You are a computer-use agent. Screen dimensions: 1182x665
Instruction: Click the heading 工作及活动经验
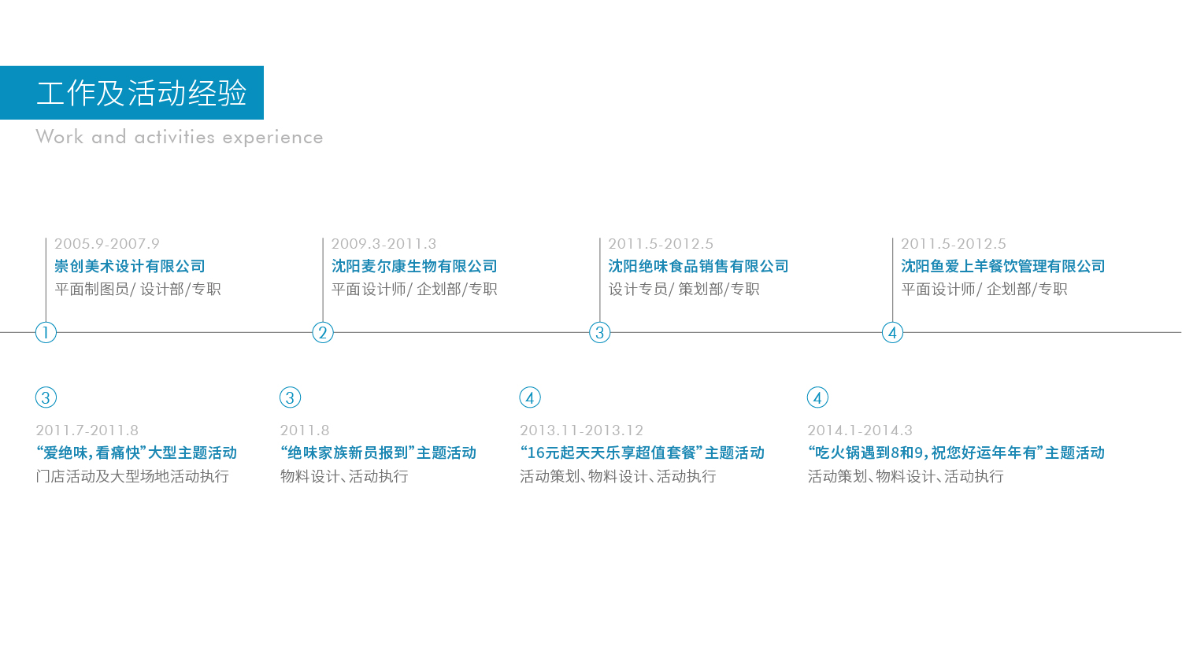point(142,93)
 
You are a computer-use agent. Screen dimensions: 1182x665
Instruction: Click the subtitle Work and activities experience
point(180,137)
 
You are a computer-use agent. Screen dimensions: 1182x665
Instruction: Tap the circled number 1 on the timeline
point(46,333)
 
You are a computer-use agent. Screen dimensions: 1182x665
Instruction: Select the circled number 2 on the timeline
point(323,333)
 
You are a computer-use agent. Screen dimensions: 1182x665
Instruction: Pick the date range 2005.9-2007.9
point(106,244)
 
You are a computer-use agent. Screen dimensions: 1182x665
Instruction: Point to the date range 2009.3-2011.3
point(384,244)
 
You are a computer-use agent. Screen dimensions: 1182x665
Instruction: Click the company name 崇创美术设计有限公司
point(130,266)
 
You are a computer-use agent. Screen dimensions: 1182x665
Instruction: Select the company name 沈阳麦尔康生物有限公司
point(414,266)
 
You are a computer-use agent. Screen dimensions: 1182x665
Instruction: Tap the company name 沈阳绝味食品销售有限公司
point(698,266)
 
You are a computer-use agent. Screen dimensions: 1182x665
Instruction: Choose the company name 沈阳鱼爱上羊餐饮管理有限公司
point(1003,266)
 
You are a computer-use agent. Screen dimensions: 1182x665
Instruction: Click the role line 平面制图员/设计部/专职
point(138,290)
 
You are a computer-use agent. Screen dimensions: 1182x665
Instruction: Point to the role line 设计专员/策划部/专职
point(684,290)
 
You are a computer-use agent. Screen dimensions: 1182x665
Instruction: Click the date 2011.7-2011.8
point(87,430)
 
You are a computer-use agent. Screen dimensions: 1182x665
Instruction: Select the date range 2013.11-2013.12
point(581,430)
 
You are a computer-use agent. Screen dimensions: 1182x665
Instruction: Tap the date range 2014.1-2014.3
point(860,430)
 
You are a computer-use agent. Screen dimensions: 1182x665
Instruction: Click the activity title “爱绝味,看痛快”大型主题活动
point(136,453)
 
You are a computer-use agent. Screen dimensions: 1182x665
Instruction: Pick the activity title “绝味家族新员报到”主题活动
point(378,453)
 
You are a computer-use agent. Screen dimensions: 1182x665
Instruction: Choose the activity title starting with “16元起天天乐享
point(642,453)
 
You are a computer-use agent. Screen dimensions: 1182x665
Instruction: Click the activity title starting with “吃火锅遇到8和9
point(956,453)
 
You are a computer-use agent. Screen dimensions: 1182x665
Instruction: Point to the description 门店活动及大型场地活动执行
point(132,476)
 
